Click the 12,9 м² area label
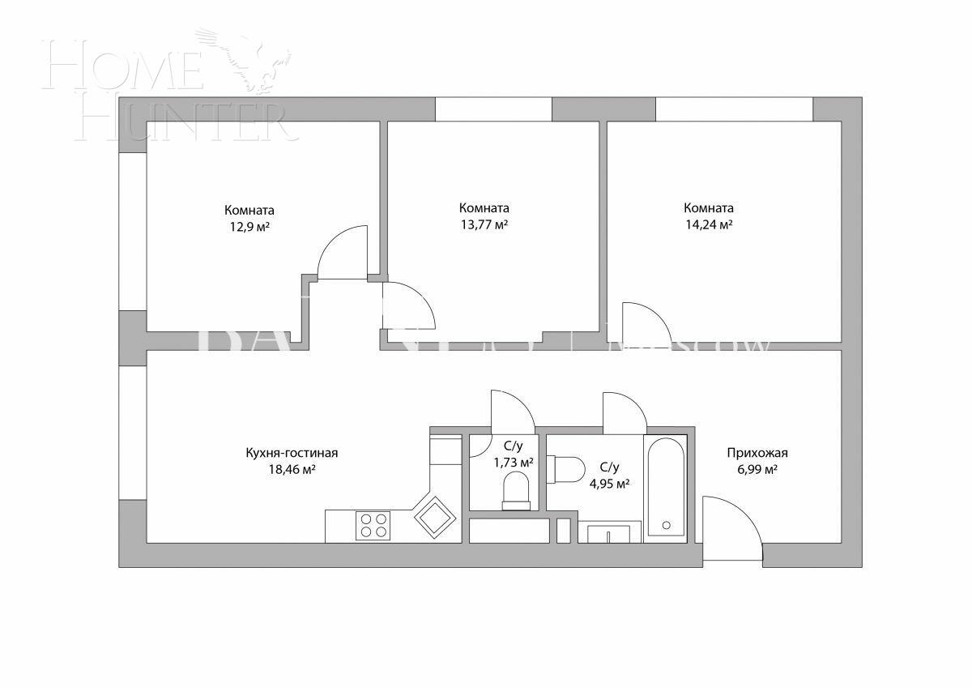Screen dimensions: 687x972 click(249, 228)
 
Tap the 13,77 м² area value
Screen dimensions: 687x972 click(484, 224)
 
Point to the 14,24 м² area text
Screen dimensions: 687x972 click(709, 224)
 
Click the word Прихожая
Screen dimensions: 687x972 click(757, 454)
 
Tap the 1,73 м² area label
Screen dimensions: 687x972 click(514, 463)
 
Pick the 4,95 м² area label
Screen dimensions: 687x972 click(610, 484)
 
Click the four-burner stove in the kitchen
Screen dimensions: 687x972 click(373, 526)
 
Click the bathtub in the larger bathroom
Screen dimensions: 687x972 click(666, 488)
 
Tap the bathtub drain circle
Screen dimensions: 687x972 click(666, 525)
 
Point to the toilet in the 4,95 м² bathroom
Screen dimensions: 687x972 click(566, 468)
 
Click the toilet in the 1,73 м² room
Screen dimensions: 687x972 click(516, 491)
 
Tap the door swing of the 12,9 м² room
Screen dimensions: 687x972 click(344, 253)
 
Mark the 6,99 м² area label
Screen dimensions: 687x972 click(757, 470)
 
